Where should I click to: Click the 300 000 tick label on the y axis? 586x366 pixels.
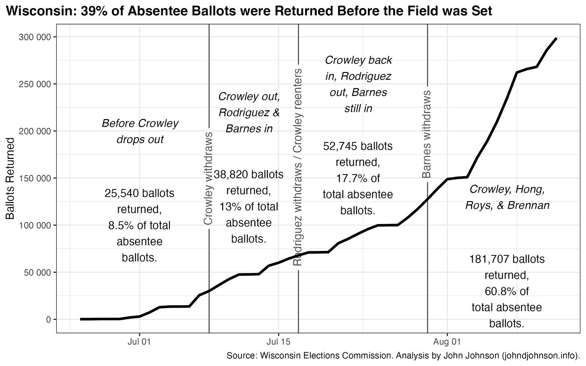click(x=34, y=37)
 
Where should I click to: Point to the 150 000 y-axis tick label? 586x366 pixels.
click(x=34, y=178)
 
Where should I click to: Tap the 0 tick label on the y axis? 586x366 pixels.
click(x=48, y=319)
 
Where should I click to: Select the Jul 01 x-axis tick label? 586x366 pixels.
click(x=139, y=341)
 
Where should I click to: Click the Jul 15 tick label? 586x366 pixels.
click(x=279, y=341)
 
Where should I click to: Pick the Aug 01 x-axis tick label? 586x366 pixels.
click(x=447, y=341)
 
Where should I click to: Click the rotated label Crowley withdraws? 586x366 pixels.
click(x=208, y=178)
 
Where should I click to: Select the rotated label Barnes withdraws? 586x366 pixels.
click(x=427, y=134)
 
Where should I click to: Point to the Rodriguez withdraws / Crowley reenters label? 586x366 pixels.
click(x=298, y=167)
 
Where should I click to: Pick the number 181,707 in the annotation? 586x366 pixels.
click(x=487, y=259)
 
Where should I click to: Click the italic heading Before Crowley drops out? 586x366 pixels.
click(x=140, y=131)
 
